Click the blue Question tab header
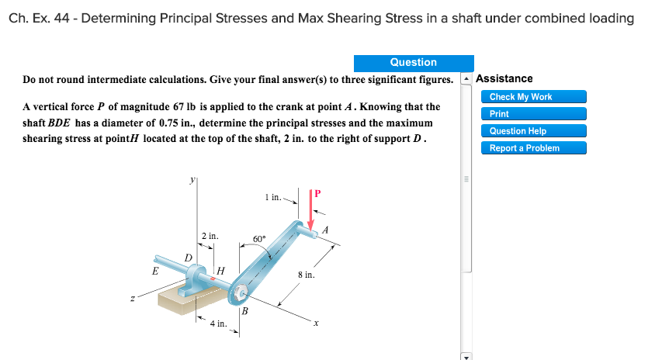[413, 63]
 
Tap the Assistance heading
[504, 78]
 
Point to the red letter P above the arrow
[317, 192]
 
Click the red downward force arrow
[312, 209]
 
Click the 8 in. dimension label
[305, 275]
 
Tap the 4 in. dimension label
[217, 324]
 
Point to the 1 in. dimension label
[272, 197]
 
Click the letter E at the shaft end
[154, 272]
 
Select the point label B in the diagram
[244, 312]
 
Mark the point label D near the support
[187, 257]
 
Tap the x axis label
[316, 324]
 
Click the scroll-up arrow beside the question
[466, 79]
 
